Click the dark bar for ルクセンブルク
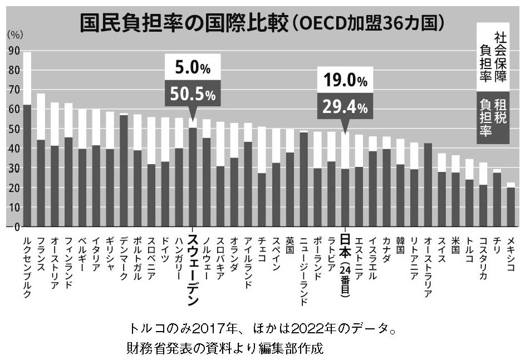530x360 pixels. [x=27, y=165]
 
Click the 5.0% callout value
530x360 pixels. [x=193, y=69]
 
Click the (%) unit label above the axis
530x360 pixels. [x=15, y=34]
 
